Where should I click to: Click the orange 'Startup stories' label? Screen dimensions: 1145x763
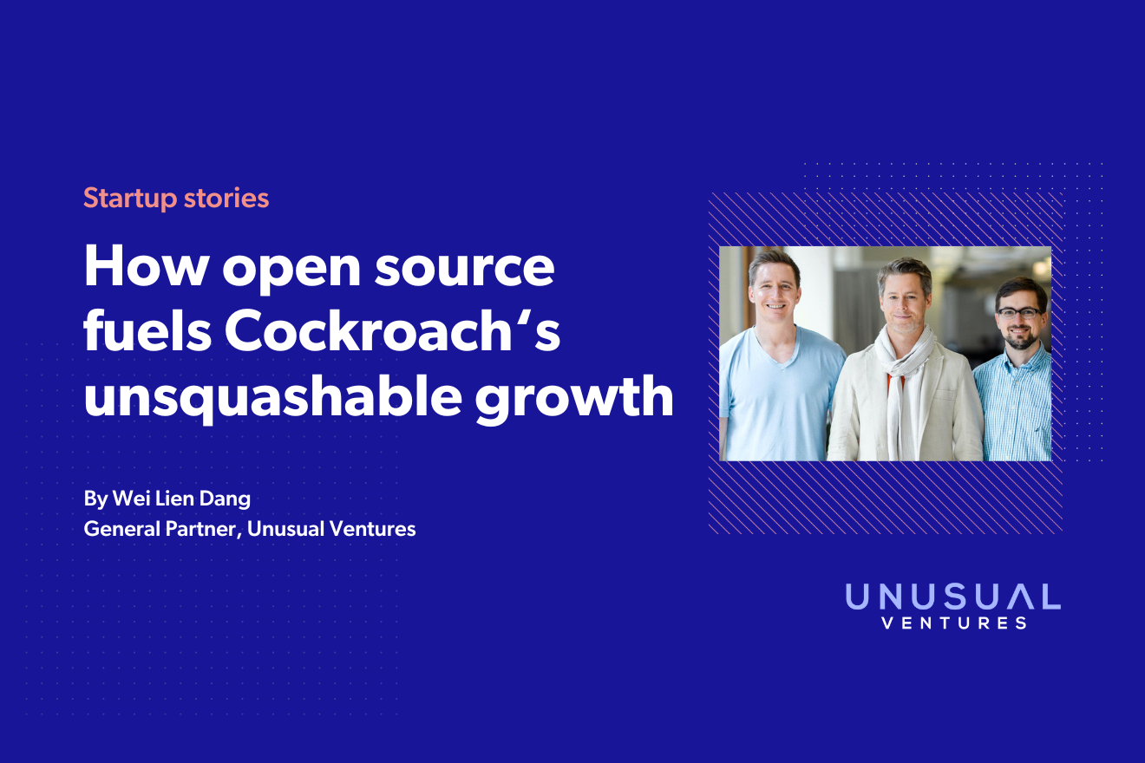point(176,199)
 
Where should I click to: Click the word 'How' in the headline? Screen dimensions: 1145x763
point(147,265)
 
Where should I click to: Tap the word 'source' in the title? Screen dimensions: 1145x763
point(464,271)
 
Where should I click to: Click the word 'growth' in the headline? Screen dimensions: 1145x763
point(574,398)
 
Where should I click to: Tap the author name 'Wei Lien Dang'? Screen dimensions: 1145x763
point(181,499)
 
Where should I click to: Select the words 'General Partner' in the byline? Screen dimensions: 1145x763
point(160,529)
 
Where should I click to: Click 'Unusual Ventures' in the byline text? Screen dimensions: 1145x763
point(331,529)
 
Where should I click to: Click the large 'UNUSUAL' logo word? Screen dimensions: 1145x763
point(952,597)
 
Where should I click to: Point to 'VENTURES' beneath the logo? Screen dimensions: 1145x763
point(954,623)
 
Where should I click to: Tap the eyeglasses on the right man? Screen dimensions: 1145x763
point(1018,313)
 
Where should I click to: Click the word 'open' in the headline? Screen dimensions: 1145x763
point(291,271)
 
